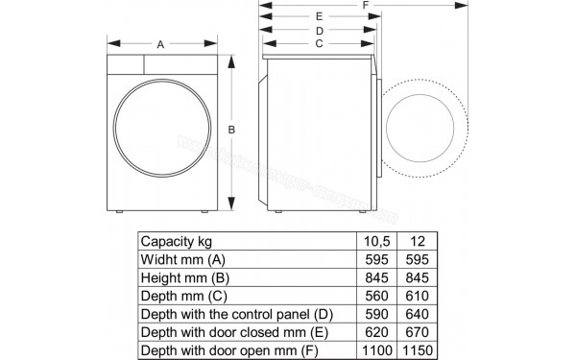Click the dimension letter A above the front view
coord(160,44)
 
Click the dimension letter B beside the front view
coord(231,130)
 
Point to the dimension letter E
coord(318,17)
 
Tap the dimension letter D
coord(318,31)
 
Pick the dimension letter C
coord(318,44)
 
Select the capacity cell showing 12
coord(414,241)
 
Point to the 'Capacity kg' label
coord(176,241)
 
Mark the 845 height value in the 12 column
coord(414,276)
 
